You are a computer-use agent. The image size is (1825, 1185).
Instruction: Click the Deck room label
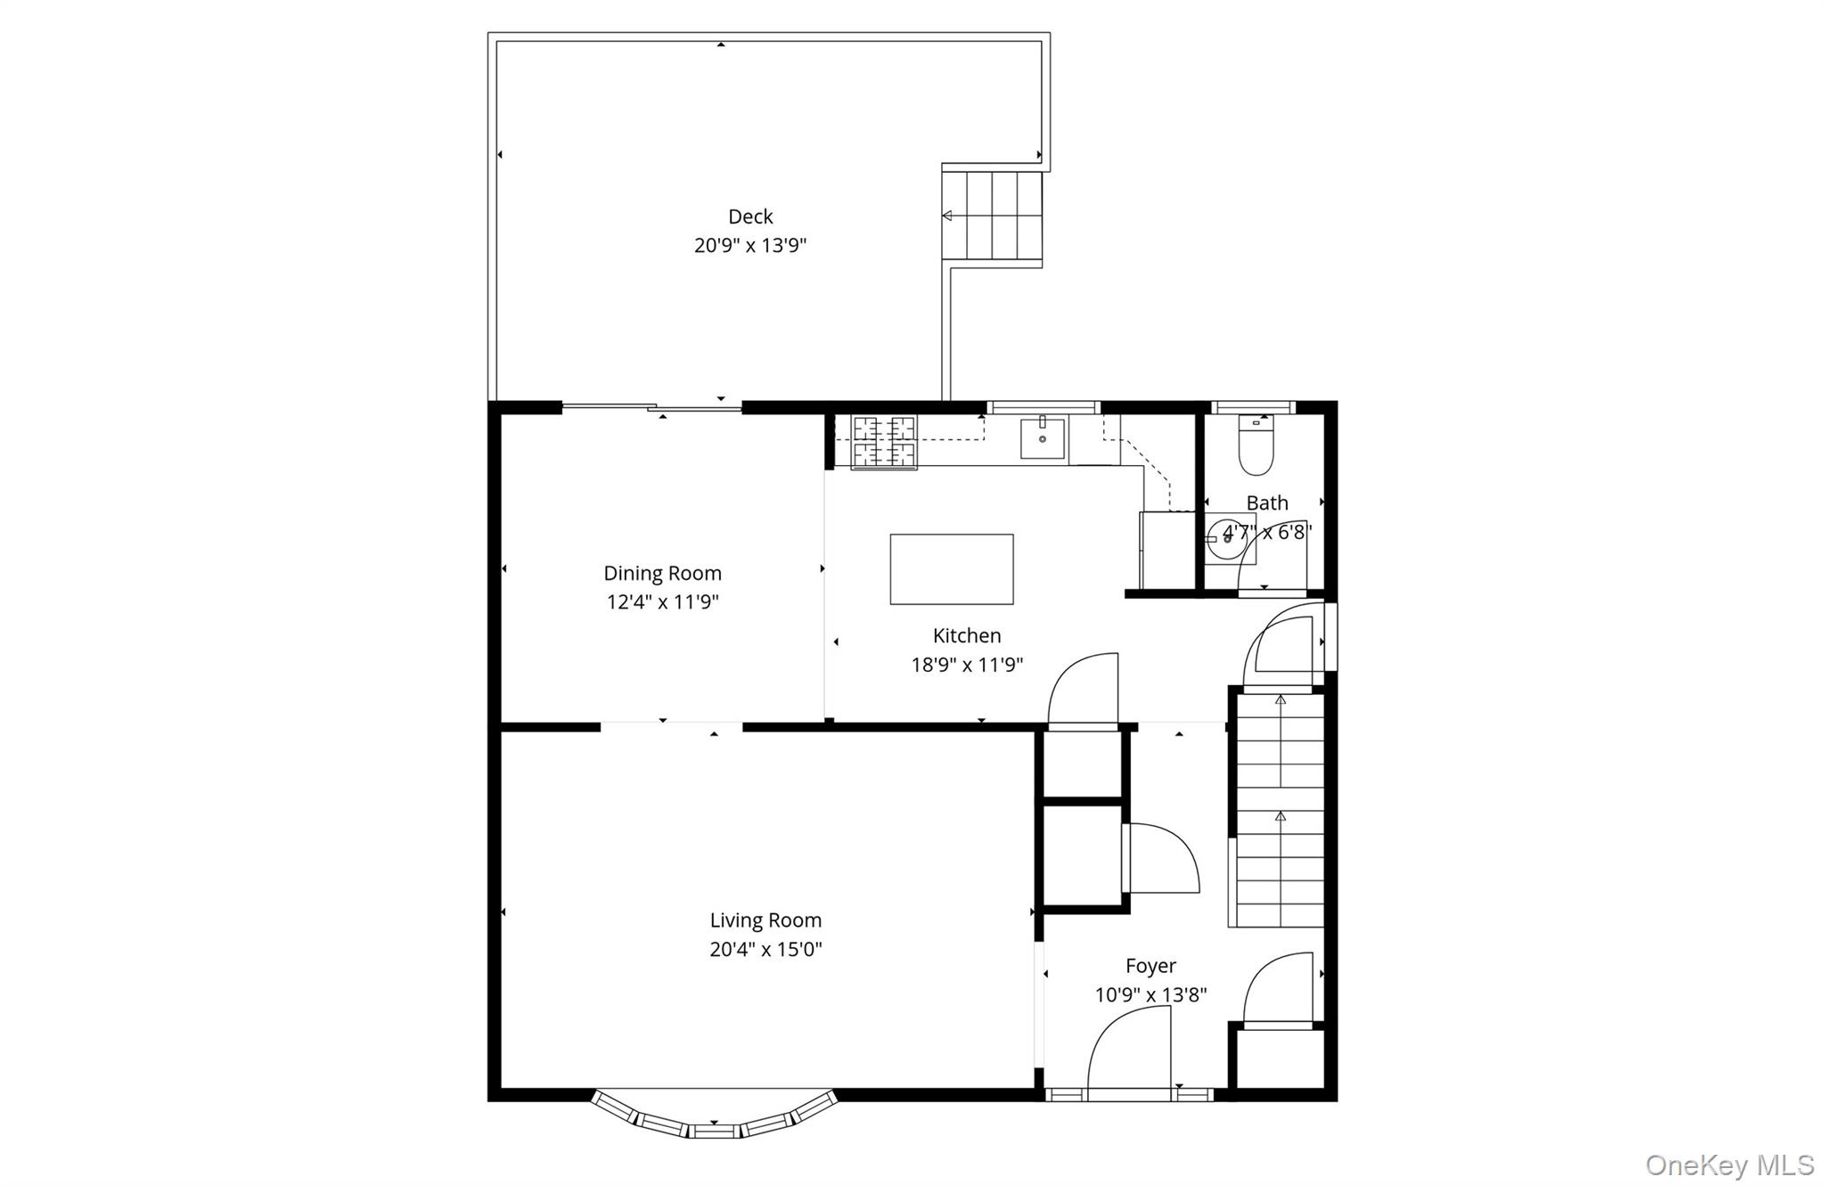pos(750,217)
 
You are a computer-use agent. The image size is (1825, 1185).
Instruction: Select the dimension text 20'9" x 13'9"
pos(750,245)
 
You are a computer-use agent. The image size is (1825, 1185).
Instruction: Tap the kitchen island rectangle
pos(951,569)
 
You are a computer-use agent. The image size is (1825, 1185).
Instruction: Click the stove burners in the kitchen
pos(884,442)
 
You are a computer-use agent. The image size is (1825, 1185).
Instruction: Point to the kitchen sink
pos(1042,439)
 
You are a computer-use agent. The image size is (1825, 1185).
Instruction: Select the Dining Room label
pos(662,573)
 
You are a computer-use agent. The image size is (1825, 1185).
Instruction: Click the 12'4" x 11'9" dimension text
pos(662,602)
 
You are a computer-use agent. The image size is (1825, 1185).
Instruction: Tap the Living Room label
pos(765,920)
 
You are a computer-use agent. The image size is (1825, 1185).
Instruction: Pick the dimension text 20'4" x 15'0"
pos(765,950)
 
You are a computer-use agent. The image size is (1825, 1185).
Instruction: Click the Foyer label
pos(1150,966)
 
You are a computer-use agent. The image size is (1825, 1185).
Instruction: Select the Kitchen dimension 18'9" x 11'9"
pos(967,665)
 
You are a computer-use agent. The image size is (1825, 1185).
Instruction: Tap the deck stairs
pos(993,217)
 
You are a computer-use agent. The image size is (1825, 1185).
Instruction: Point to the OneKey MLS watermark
pos(1729,1165)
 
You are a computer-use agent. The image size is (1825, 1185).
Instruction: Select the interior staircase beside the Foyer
pos(1279,811)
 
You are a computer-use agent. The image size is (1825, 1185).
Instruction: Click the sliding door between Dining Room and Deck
pos(652,408)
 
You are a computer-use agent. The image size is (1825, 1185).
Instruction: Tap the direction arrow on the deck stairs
pos(947,216)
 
